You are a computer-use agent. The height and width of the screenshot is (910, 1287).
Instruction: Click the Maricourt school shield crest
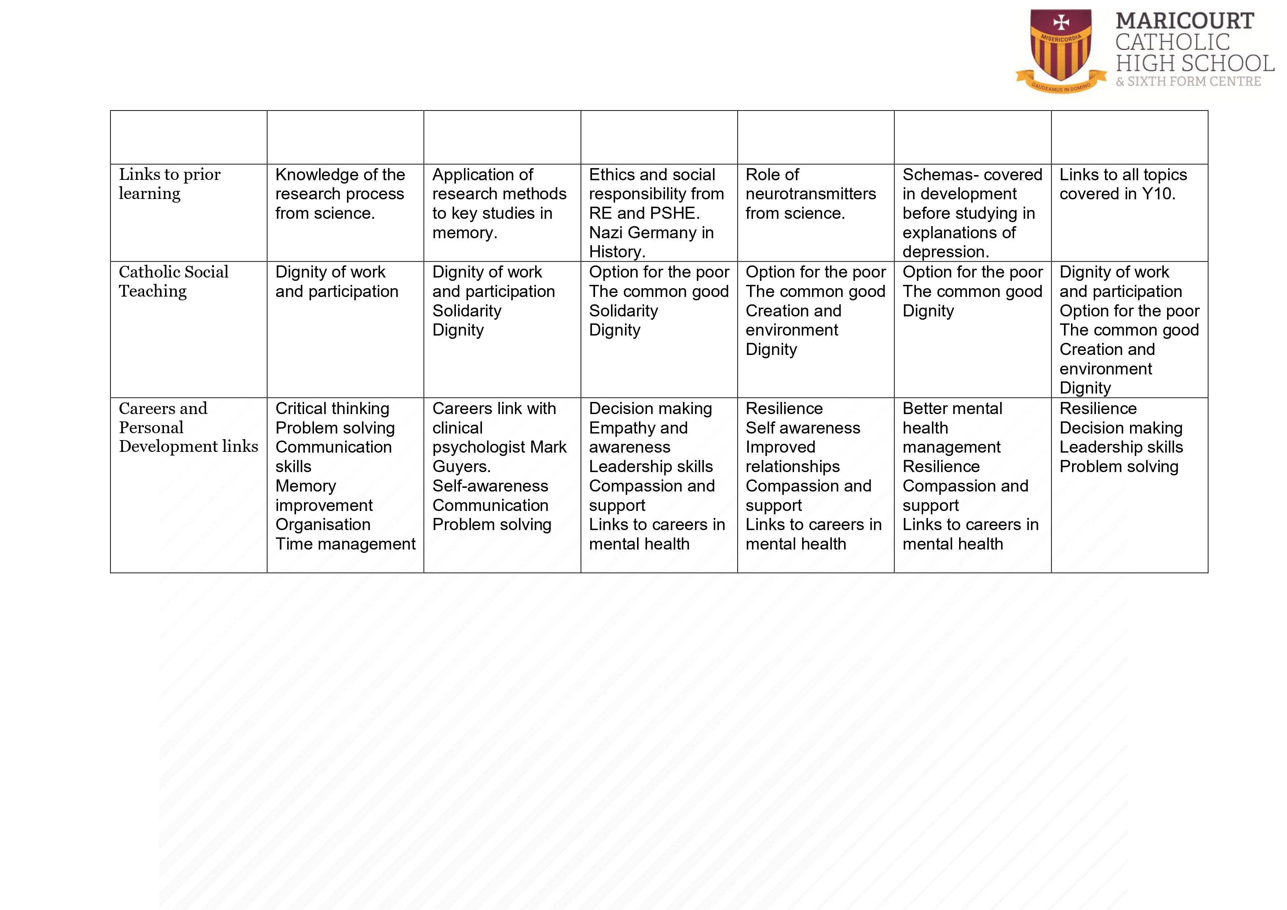click(x=1061, y=48)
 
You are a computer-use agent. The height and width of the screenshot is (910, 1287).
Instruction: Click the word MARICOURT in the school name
click(x=1184, y=21)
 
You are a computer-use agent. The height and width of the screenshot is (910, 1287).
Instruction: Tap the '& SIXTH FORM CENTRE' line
click(x=1188, y=82)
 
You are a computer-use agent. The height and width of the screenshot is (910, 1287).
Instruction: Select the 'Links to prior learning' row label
click(x=169, y=184)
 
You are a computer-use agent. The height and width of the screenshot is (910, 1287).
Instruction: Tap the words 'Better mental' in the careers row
click(x=952, y=409)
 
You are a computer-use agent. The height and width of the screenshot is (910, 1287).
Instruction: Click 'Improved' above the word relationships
click(x=780, y=447)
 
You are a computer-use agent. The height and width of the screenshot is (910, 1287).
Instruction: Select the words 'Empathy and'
click(x=638, y=428)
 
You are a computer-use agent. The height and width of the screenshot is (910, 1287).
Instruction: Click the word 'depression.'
click(x=945, y=252)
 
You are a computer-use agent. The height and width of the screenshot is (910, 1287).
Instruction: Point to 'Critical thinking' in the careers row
click(x=332, y=409)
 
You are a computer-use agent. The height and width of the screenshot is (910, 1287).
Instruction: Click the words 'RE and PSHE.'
click(x=644, y=213)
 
